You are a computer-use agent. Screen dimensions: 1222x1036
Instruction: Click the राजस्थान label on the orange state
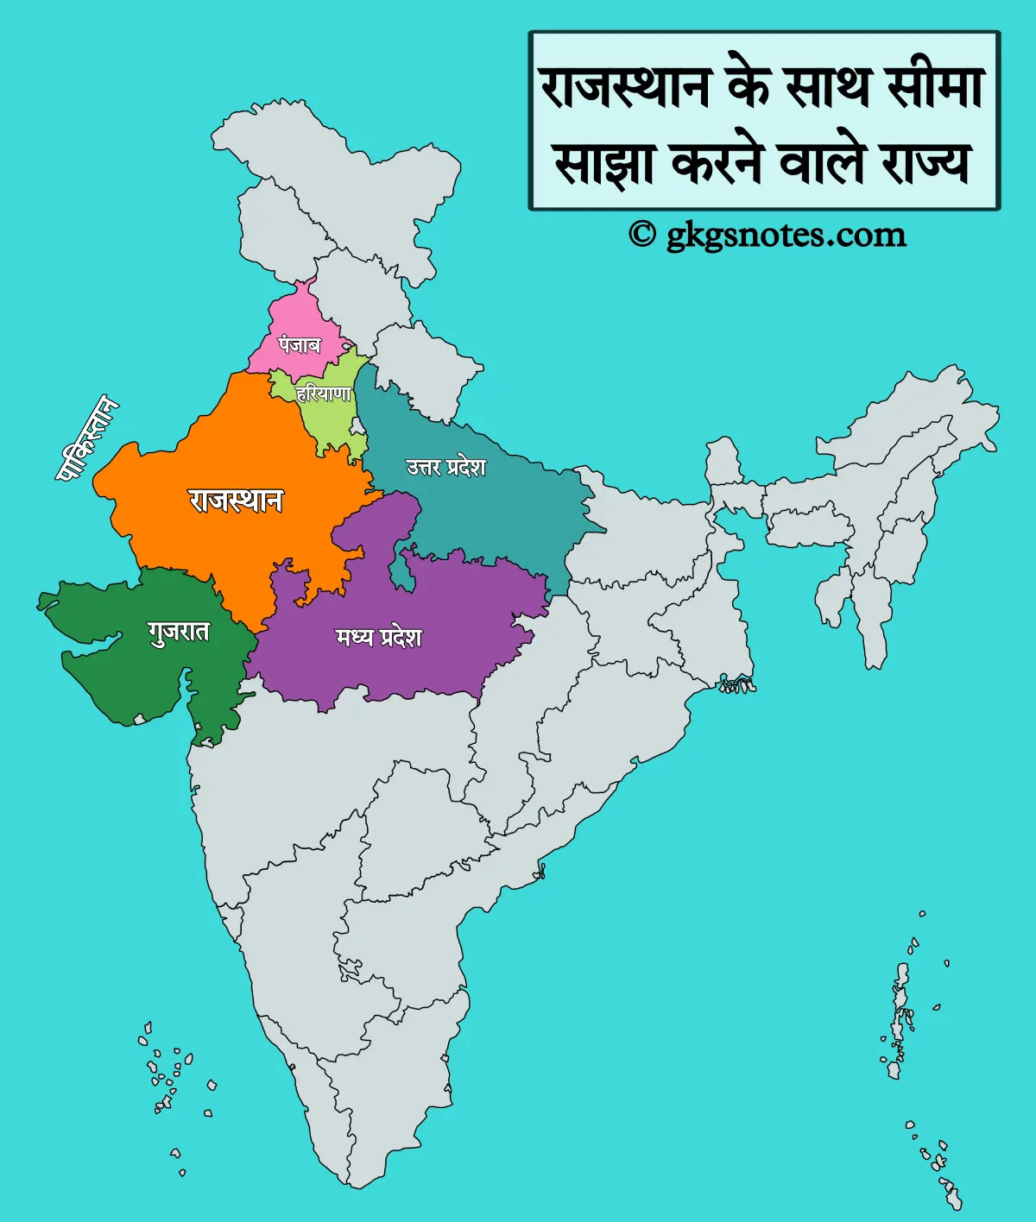(x=236, y=501)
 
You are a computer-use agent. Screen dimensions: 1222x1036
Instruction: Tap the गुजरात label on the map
(x=179, y=632)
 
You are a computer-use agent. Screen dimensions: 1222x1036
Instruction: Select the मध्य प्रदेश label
(x=379, y=638)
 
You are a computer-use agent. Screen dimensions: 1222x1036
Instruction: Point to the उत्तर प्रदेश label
(x=446, y=467)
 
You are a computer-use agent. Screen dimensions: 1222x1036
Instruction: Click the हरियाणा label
(x=324, y=394)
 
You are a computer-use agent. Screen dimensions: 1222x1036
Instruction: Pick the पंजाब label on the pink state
(x=299, y=345)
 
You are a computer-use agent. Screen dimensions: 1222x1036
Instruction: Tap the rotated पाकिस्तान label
(x=87, y=438)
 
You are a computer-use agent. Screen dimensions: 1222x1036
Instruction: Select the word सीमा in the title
(x=936, y=88)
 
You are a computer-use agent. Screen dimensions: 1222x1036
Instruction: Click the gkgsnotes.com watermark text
(x=786, y=235)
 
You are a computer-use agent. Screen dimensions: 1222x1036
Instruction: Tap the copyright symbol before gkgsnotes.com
(x=641, y=235)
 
